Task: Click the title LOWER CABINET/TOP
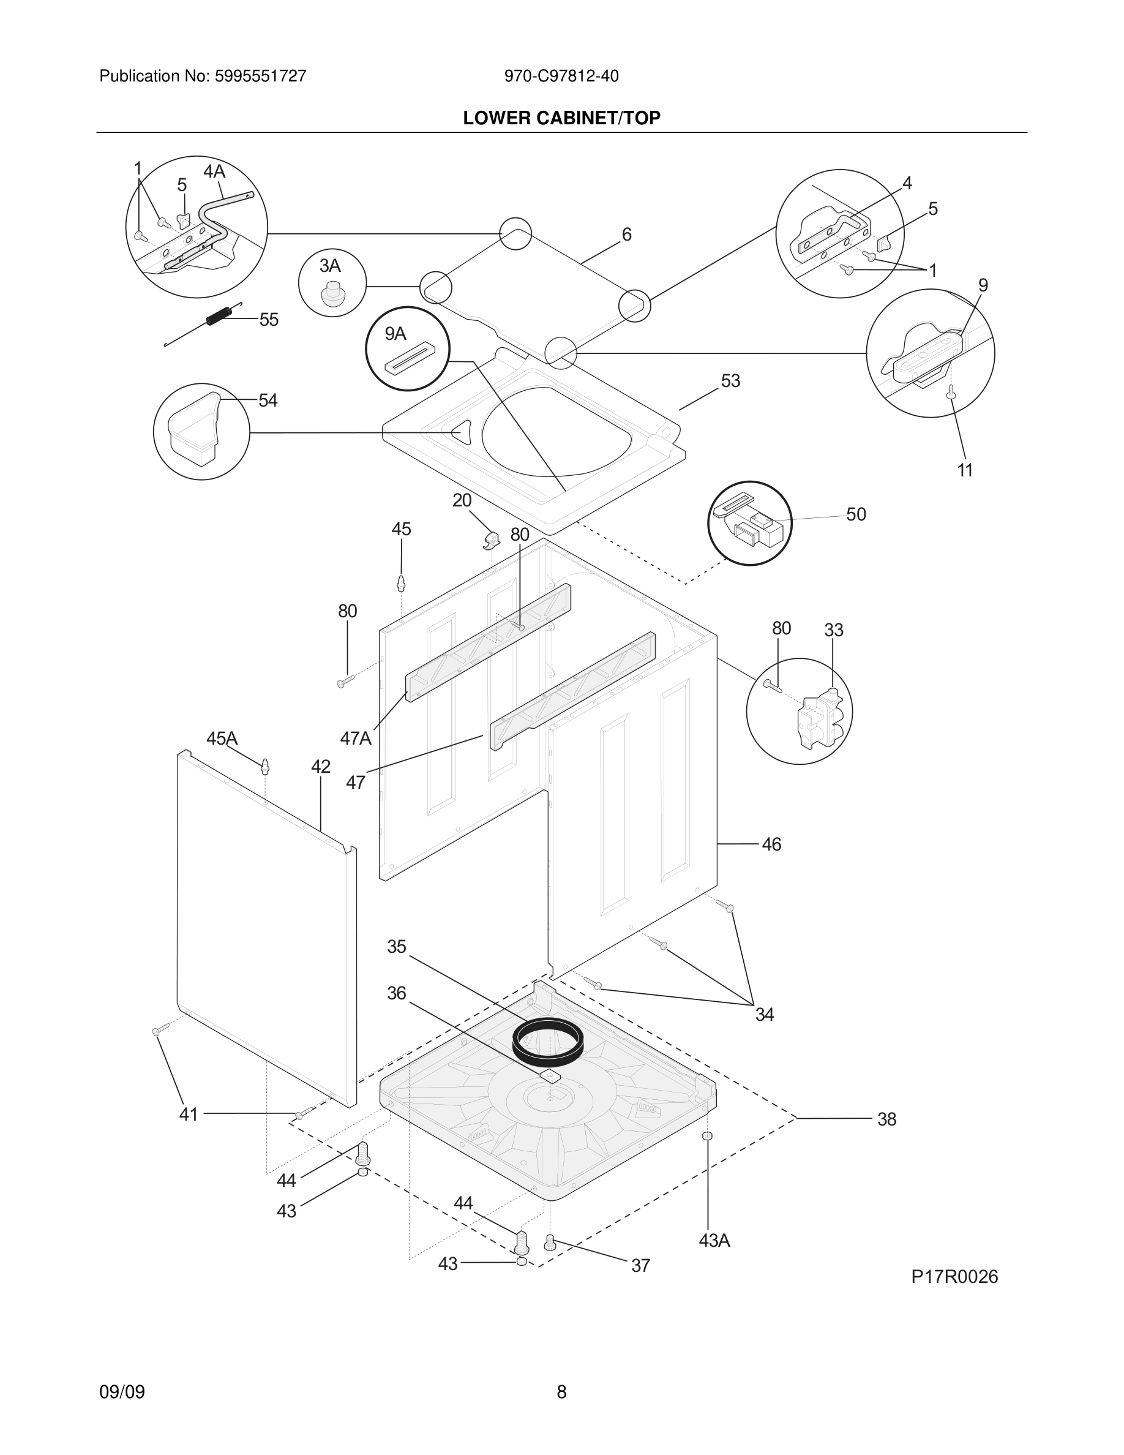(x=561, y=118)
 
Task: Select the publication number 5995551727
(x=260, y=76)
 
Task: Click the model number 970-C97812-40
(x=561, y=76)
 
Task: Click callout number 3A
(x=329, y=266)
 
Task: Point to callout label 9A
(x=395, y=334)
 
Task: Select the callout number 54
(x=268, y=400)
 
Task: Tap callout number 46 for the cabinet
(x=771, y=844)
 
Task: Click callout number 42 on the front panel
(x=320, y=767)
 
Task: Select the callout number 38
(x=886, y=1119)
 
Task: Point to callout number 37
(x=640, y=1266)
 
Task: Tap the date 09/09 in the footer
(x=122, y=1392)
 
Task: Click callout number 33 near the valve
(x=834, y=630)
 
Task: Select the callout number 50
(x=856, y=514)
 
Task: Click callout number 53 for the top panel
(x=730, y=381)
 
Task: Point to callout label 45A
(x=222, y=738)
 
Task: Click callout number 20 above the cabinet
(x=462, y=500)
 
